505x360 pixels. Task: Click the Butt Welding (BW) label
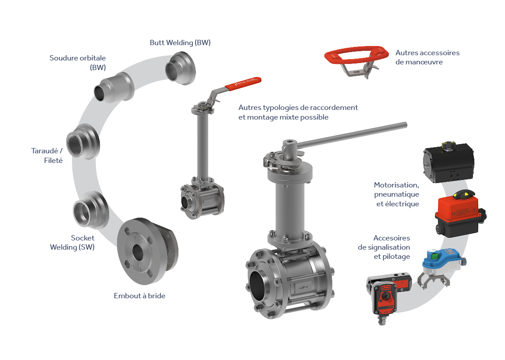(x=180, y=43)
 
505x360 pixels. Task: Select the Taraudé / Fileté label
(x=47, y=155)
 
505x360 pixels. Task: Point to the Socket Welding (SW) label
(x=72, y=242)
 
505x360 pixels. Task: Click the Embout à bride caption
(x=139, y=296)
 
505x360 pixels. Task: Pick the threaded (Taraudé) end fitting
(x=83, y=141)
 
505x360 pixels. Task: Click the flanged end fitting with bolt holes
(x=147, y=251)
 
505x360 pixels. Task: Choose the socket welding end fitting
(x=91, y=210)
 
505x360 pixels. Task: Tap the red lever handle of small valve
(x=243, y=83)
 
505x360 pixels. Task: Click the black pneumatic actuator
(x=448, y=162)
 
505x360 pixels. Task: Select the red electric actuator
(x=459, y=214)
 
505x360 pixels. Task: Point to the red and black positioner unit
(x=388, y=294)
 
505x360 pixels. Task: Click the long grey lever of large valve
(x=352, y=135)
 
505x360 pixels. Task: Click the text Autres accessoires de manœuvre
(x=427, y=57)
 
